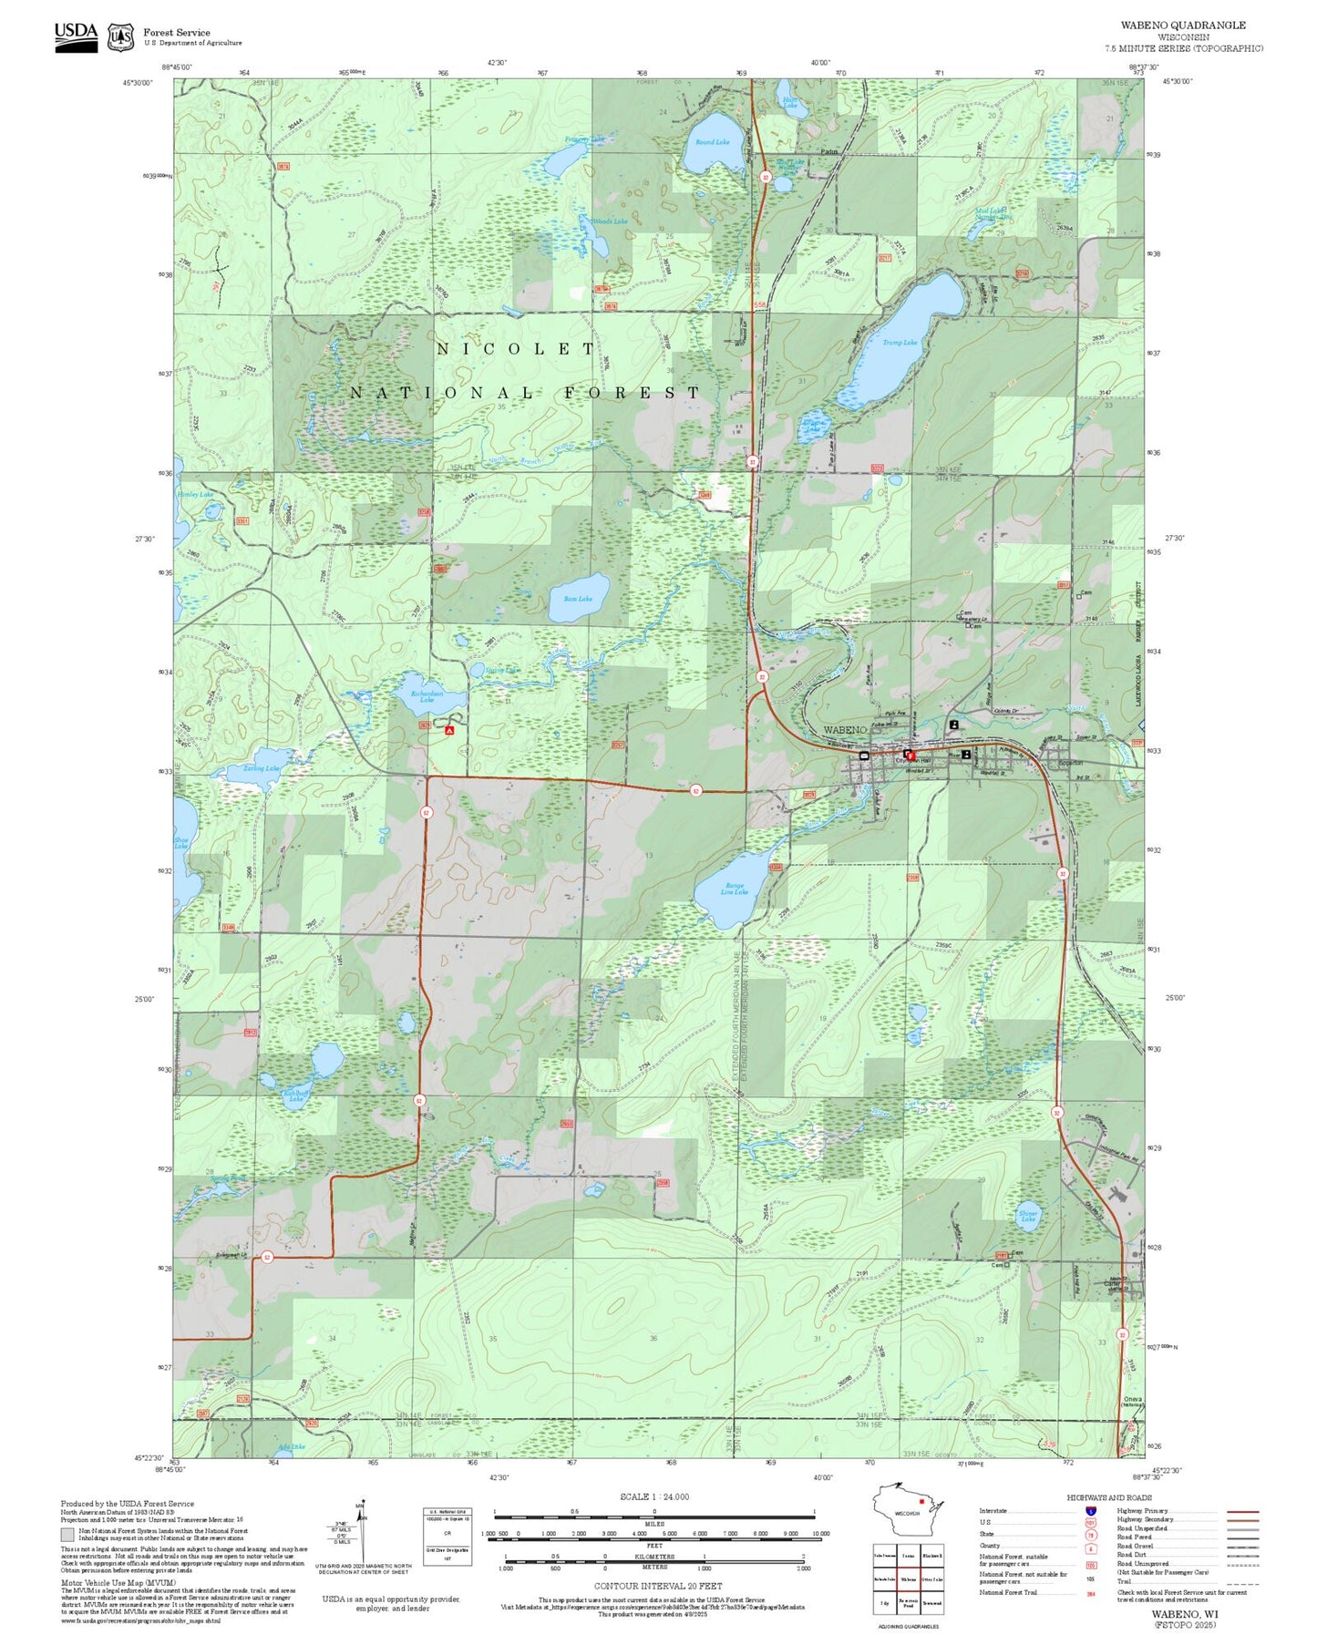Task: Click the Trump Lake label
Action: (900, 343)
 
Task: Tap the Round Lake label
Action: (712, 142)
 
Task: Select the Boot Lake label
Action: (578, 599)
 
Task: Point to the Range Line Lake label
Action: (735, 889)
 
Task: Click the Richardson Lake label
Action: (427, 696)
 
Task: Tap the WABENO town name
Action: (845, 730)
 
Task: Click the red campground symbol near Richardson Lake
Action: (448, 730)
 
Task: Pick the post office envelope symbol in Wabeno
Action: (864, 756)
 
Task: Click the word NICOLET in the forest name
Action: (516, 349)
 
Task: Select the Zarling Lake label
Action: (261, 768)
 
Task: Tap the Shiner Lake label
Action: (1028, 1216)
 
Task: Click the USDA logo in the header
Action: (76, 36)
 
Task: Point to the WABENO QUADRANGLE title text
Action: (1183, 25)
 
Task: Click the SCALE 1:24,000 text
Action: (654, 1496)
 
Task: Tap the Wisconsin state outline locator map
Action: (905, 1512)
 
